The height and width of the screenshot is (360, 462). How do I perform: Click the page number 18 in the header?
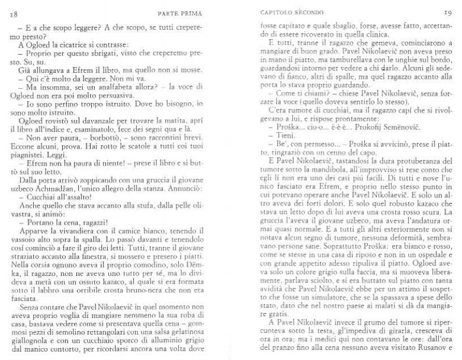[x=12, y=13]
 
